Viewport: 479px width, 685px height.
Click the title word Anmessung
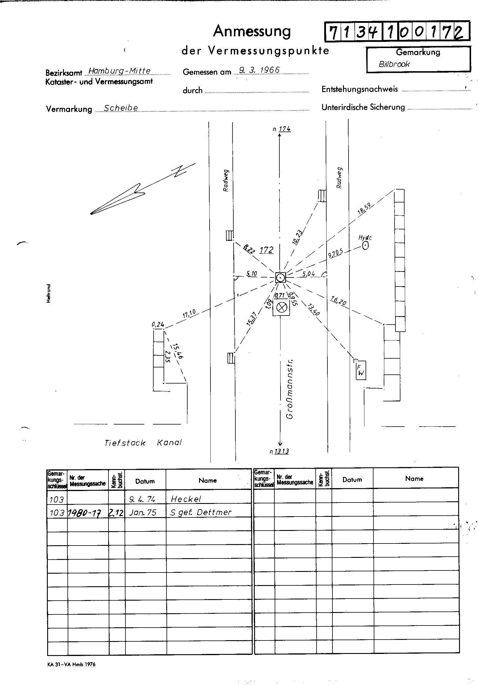(252, 31)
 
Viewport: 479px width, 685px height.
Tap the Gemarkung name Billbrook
(394, 64)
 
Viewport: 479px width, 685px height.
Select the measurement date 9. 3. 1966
(259, 70)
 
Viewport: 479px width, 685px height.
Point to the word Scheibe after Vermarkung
(121, 108)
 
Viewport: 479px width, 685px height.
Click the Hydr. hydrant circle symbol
(365, 246)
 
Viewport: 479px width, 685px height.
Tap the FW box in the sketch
(361, 370)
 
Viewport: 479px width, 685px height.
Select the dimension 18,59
(364, 209)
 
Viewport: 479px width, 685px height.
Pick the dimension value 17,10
(189, 313)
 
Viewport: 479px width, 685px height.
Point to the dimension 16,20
(338, 301)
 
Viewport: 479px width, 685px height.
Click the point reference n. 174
(282, 129)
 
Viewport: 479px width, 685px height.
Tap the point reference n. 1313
(279, 451)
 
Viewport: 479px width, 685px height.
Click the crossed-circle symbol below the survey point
(281, 307)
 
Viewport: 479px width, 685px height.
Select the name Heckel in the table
(186, 499)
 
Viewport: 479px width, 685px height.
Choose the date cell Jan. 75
(143, 512)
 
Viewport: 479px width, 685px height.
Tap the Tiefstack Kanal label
(143, 443)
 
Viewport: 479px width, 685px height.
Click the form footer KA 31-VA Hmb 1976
(71, 664)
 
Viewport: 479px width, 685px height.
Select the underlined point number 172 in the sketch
(266, 250)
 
